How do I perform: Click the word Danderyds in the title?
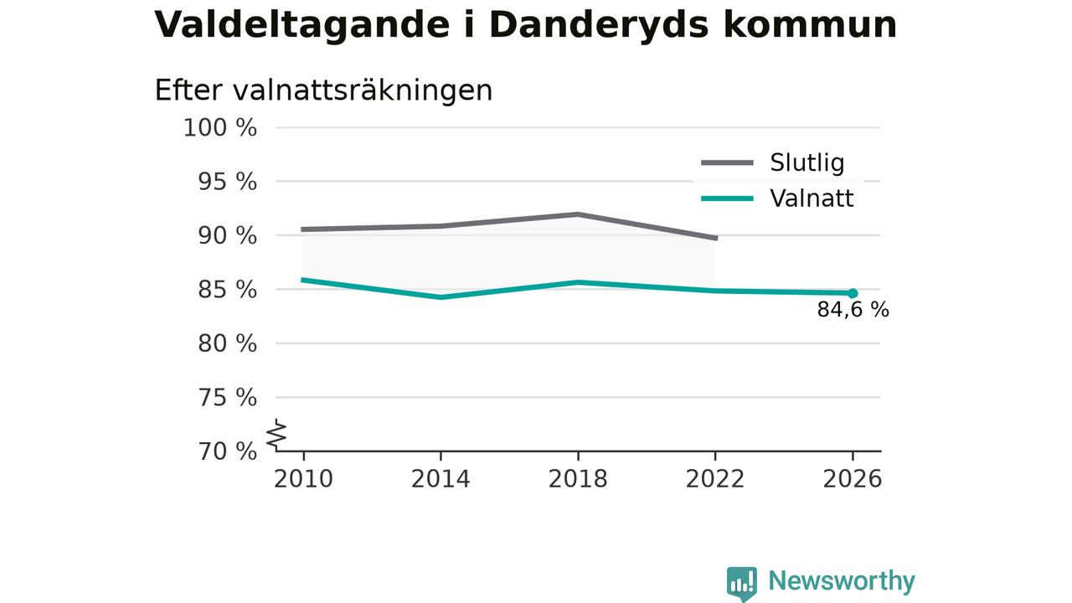click(x=599, y=26)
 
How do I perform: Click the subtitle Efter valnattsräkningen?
click(x=323, y=90)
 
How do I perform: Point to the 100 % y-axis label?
click(x=220, y=128)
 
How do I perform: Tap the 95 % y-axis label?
click(x=227, y=183)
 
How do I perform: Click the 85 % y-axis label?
click(x=227, y=290)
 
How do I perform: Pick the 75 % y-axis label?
click(x=227, y=398)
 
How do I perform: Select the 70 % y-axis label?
click(x=227, y=451)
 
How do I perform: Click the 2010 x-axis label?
click(x=303, y=479)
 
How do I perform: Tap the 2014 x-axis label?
click(x=441, y=479)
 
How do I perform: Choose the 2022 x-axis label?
click(x=715, y=479)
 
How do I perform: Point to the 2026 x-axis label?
click(x=853, y=479)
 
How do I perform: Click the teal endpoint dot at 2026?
click(x=853, y=293)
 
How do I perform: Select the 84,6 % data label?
click(x=853, y=310)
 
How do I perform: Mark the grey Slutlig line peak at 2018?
click(x=578, y=214)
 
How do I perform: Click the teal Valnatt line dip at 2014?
click(x=441, y=297)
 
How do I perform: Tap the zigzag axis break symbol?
click(x=276, y=435)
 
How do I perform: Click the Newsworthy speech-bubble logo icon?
click(x=742, y=584)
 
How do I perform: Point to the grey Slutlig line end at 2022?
click(x=716, y=238)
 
